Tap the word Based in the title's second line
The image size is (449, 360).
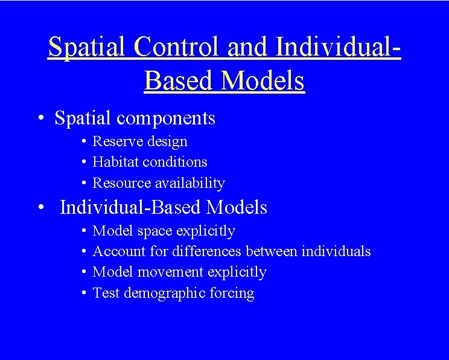coord(179,81)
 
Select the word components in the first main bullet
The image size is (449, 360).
coord(166,118)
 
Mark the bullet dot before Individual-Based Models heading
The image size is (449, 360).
coord(39,208)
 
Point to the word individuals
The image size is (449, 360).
coord(336,251)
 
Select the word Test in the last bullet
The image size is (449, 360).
coord(106,294)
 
